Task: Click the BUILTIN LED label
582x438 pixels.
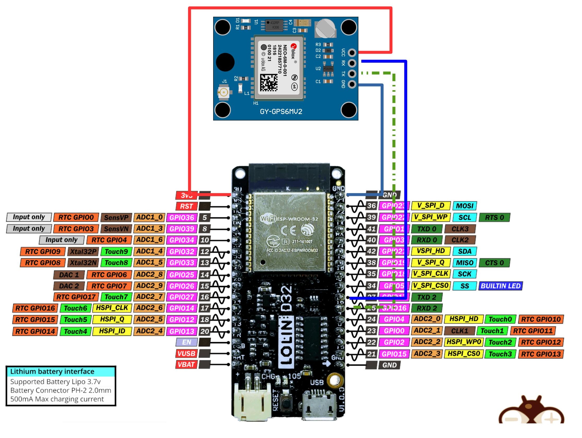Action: click(500, 286)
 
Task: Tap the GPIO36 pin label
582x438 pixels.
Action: click(182, 218)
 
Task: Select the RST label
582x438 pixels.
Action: click(186, 206)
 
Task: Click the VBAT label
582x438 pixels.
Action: click(186, 365)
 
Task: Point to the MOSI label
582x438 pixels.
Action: click(465, 206)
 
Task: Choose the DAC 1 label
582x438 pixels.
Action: click(69, 275)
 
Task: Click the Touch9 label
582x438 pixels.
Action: click(116, 252)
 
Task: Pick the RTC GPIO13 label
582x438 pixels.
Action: click(541, 354)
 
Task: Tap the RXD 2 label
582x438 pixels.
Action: click(427, 308)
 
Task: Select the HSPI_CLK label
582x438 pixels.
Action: click(112, 308)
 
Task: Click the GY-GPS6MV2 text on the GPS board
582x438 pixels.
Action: click(281, 112)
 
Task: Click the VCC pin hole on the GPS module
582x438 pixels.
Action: click(352, 53)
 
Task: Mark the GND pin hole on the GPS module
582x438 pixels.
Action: click(352, 84)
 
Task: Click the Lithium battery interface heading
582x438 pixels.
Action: click(52, 371)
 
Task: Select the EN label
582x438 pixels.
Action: click(186, 342)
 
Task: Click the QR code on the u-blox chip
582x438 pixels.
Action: click(269, 83)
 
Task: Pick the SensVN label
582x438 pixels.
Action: click(116, 229)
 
